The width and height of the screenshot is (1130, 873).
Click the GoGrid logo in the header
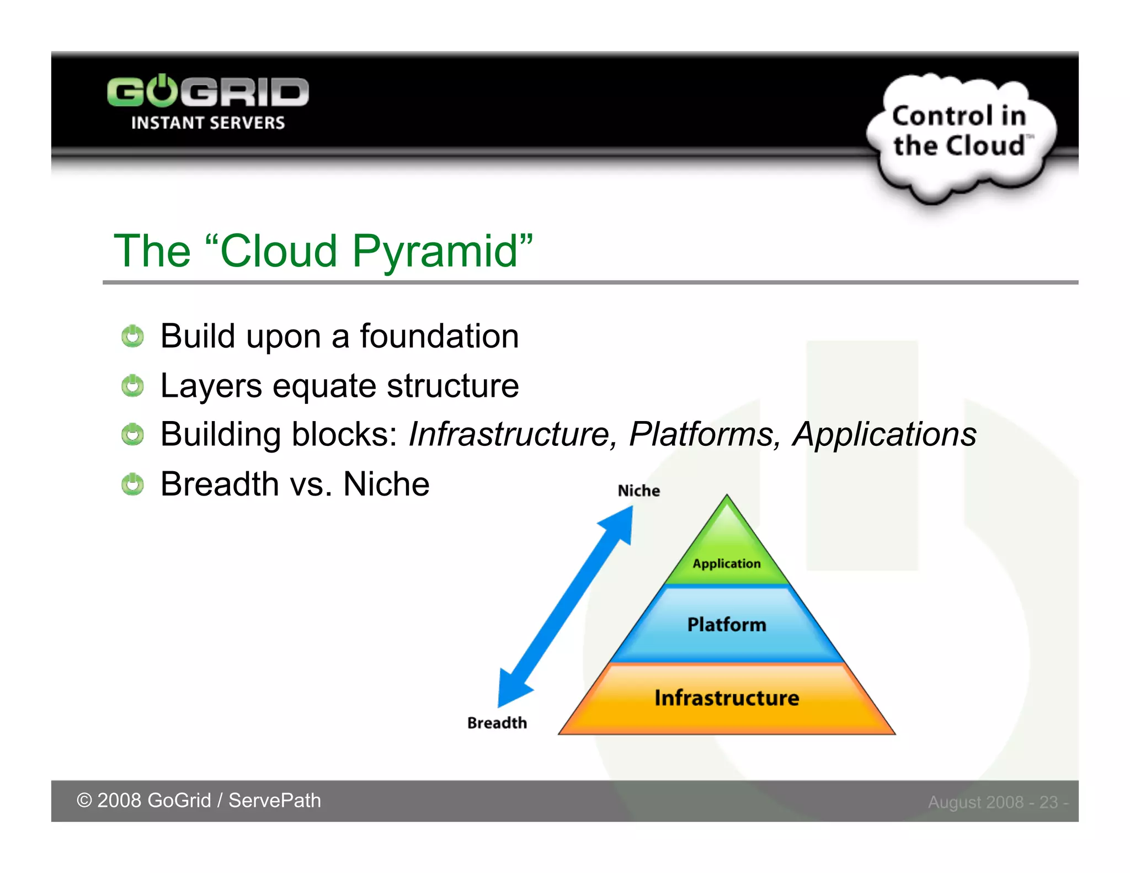click(207, 92)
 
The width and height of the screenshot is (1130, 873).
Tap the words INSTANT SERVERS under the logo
click(207, 123)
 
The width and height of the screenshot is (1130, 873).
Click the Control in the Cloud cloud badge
click(960, 132)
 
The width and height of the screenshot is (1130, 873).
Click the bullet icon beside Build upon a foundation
click(132, 336)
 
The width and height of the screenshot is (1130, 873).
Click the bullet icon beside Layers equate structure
click(132, 385)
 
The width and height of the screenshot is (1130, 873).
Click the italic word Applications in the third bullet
click(884, 434)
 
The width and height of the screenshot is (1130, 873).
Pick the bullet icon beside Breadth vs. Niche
click(132, 484)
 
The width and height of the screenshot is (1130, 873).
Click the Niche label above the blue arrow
click(638, 491)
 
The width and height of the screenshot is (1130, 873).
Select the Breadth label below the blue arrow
click(497, 723)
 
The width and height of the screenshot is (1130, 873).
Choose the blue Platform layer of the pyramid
click(727, 625)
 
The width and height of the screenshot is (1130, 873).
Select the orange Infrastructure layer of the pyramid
click(727, 698)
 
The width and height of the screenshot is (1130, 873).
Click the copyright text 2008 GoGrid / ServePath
click(199, 801)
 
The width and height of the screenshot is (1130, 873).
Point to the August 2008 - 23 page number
click(998, 802)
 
